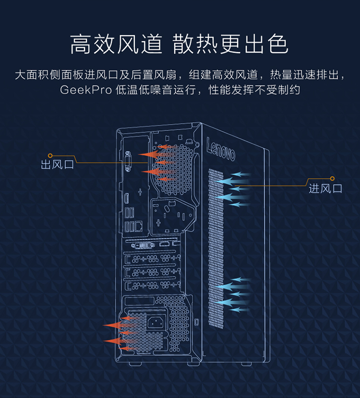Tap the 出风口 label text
click(x=58, y=165)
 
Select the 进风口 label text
click(x=325, y=188)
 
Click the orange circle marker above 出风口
click(x=50, y=155)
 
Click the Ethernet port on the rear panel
click(x=138, y=225)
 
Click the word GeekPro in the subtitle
click(x=86, y=89)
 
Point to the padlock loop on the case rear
click(x=196, y=321)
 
